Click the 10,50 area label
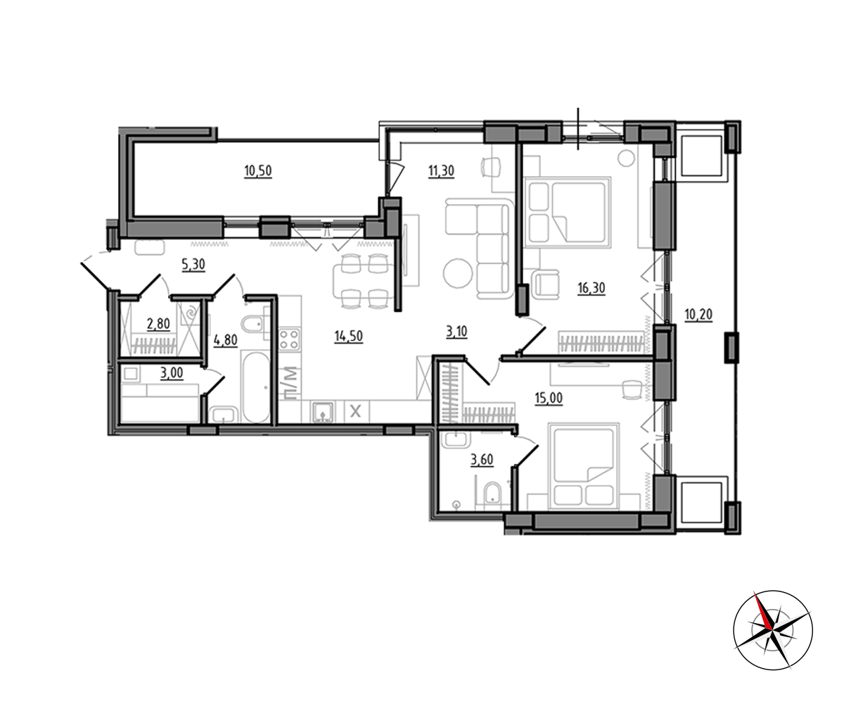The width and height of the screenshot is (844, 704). (258, 171)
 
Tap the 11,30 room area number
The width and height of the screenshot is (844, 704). (441, 171)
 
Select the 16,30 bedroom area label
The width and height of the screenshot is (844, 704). (592, 288)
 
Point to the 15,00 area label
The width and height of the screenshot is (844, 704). (549, 398)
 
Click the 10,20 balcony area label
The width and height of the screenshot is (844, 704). (698, 314)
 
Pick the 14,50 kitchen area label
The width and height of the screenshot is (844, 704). (348, 337)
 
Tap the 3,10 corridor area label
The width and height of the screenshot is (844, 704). (456, 332)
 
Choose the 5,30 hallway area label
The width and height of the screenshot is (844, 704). (193, 265)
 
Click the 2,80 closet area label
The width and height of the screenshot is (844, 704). (158, 324)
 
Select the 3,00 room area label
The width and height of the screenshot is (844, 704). (172, 372)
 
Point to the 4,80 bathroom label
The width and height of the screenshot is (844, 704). (226, 340)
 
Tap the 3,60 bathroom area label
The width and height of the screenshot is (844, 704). (482, 460)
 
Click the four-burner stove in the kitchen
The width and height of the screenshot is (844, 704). (290, 340)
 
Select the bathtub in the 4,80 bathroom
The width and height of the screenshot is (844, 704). (255, 386)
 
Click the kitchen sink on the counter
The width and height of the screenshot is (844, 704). (323, 412)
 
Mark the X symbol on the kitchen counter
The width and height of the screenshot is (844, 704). (355, 412)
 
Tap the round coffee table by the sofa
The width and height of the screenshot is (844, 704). (458, 274)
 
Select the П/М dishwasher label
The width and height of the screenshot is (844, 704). (291, 383)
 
